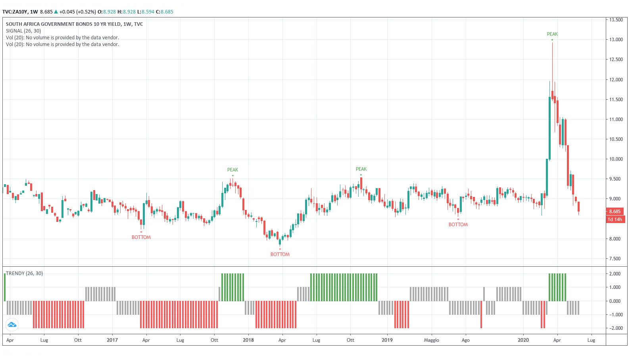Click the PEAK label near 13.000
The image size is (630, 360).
tap(552, 34)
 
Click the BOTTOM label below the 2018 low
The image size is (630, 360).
tap(280, 254)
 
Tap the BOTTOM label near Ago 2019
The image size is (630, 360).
tap(458, 225)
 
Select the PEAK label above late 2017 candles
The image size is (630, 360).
tap(232, 170)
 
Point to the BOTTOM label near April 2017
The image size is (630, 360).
tap(141, 237)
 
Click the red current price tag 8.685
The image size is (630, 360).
tap(615, 212)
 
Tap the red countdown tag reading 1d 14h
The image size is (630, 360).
tap(615, 219)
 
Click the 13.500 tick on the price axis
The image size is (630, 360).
tap(616, 20)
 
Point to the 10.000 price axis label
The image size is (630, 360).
tap(616, 159)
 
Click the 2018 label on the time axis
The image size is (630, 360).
tap(248, 340)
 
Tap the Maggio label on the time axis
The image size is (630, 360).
tap(431, 340)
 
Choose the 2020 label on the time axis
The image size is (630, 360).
tap(523, 340)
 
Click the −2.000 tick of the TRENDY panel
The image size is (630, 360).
tap(615, 328)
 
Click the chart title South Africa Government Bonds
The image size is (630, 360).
tap(74, 24)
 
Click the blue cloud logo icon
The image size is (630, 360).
tap(12, 325)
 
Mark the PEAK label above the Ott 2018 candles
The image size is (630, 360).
tap(361, 169)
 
